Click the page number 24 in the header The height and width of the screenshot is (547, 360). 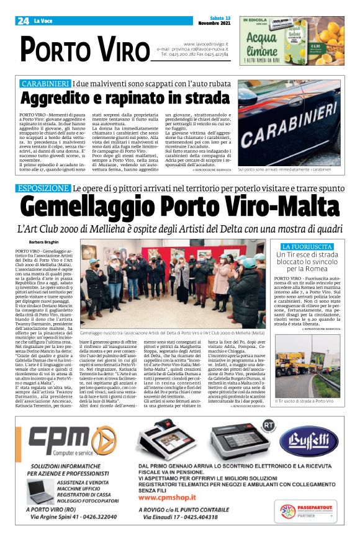(23, 21)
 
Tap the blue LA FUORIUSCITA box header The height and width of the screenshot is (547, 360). (308, 246)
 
